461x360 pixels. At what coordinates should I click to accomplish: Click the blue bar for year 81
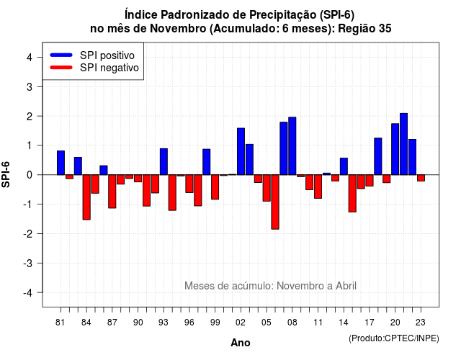(61, 163)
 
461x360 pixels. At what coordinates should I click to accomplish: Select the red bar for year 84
(86, 197)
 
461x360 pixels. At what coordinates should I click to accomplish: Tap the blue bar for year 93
(164, 161)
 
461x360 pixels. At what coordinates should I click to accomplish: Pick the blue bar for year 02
(241, 151)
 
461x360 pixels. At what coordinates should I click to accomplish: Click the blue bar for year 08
(292, 146)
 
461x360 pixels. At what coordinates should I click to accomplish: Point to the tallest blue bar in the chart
(403, 144)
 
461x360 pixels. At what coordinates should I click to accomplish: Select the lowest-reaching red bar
(275, 202)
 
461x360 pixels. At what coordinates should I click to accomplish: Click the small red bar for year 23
(421, 178)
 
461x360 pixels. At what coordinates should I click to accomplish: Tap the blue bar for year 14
(344, 166)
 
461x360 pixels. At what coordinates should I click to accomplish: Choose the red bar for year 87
(112, 192)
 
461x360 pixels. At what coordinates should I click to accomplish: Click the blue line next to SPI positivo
(61, 55)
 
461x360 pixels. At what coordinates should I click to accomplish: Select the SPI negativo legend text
(109, 68)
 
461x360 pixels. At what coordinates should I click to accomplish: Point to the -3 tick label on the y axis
(29, 264)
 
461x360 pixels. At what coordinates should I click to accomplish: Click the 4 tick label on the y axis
(30, 58)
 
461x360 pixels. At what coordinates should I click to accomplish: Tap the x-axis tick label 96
(189, 323)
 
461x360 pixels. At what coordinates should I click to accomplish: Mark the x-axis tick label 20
(395, 323)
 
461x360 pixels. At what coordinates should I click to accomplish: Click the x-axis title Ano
(241, 343)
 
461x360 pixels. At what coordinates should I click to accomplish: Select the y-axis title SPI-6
(6, 174)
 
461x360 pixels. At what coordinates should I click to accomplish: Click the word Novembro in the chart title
(178, 29)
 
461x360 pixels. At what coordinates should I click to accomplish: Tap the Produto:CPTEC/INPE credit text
(394, 338)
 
